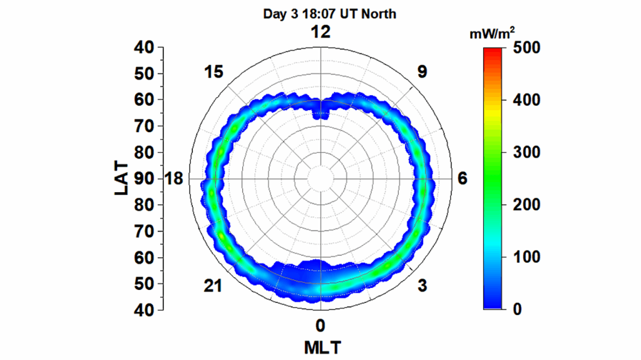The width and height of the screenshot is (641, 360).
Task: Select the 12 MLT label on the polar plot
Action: pyautogui.click(x=320, y=33)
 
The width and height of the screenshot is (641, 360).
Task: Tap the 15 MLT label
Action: pyautogui.click(x=213, y=72)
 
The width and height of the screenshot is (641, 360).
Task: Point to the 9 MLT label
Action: pyautogui.click(x=423, y=72)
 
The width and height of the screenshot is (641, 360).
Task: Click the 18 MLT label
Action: pyautogui.click(x=173, y=179)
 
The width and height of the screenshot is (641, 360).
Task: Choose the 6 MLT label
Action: pyautogui.click(x=462, y=179)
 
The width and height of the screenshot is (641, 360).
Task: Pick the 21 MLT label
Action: pyautogui.click(x=213, y=286)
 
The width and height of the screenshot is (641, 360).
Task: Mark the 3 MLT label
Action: pyautogui.click(x=423, y=286)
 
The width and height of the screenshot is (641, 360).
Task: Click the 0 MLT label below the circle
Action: pyautogui.click(x=320, y=326)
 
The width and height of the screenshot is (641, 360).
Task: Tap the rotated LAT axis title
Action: pyautogui.click(x=122, y=178)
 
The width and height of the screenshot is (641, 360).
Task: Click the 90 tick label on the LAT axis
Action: pyautogui.click(x=145, y=179)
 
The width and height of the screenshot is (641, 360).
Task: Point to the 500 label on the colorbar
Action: pyautogui.click(x=526, y=48)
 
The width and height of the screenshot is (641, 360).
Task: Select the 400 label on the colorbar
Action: pyautogui.click(x=526, y=100)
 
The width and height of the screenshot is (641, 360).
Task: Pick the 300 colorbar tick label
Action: pyautogui.click(x=526, y=153)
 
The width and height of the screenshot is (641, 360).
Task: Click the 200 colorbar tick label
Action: pyautogui.click(x=526, y=205)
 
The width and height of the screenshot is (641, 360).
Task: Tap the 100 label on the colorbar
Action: pyautogui.click(x=526, y=258)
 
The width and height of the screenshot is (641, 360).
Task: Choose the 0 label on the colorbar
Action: pyautogui.click(x=517, y=310)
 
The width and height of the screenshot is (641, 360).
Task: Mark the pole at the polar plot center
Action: pyautogui.click(x=320, y=179)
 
